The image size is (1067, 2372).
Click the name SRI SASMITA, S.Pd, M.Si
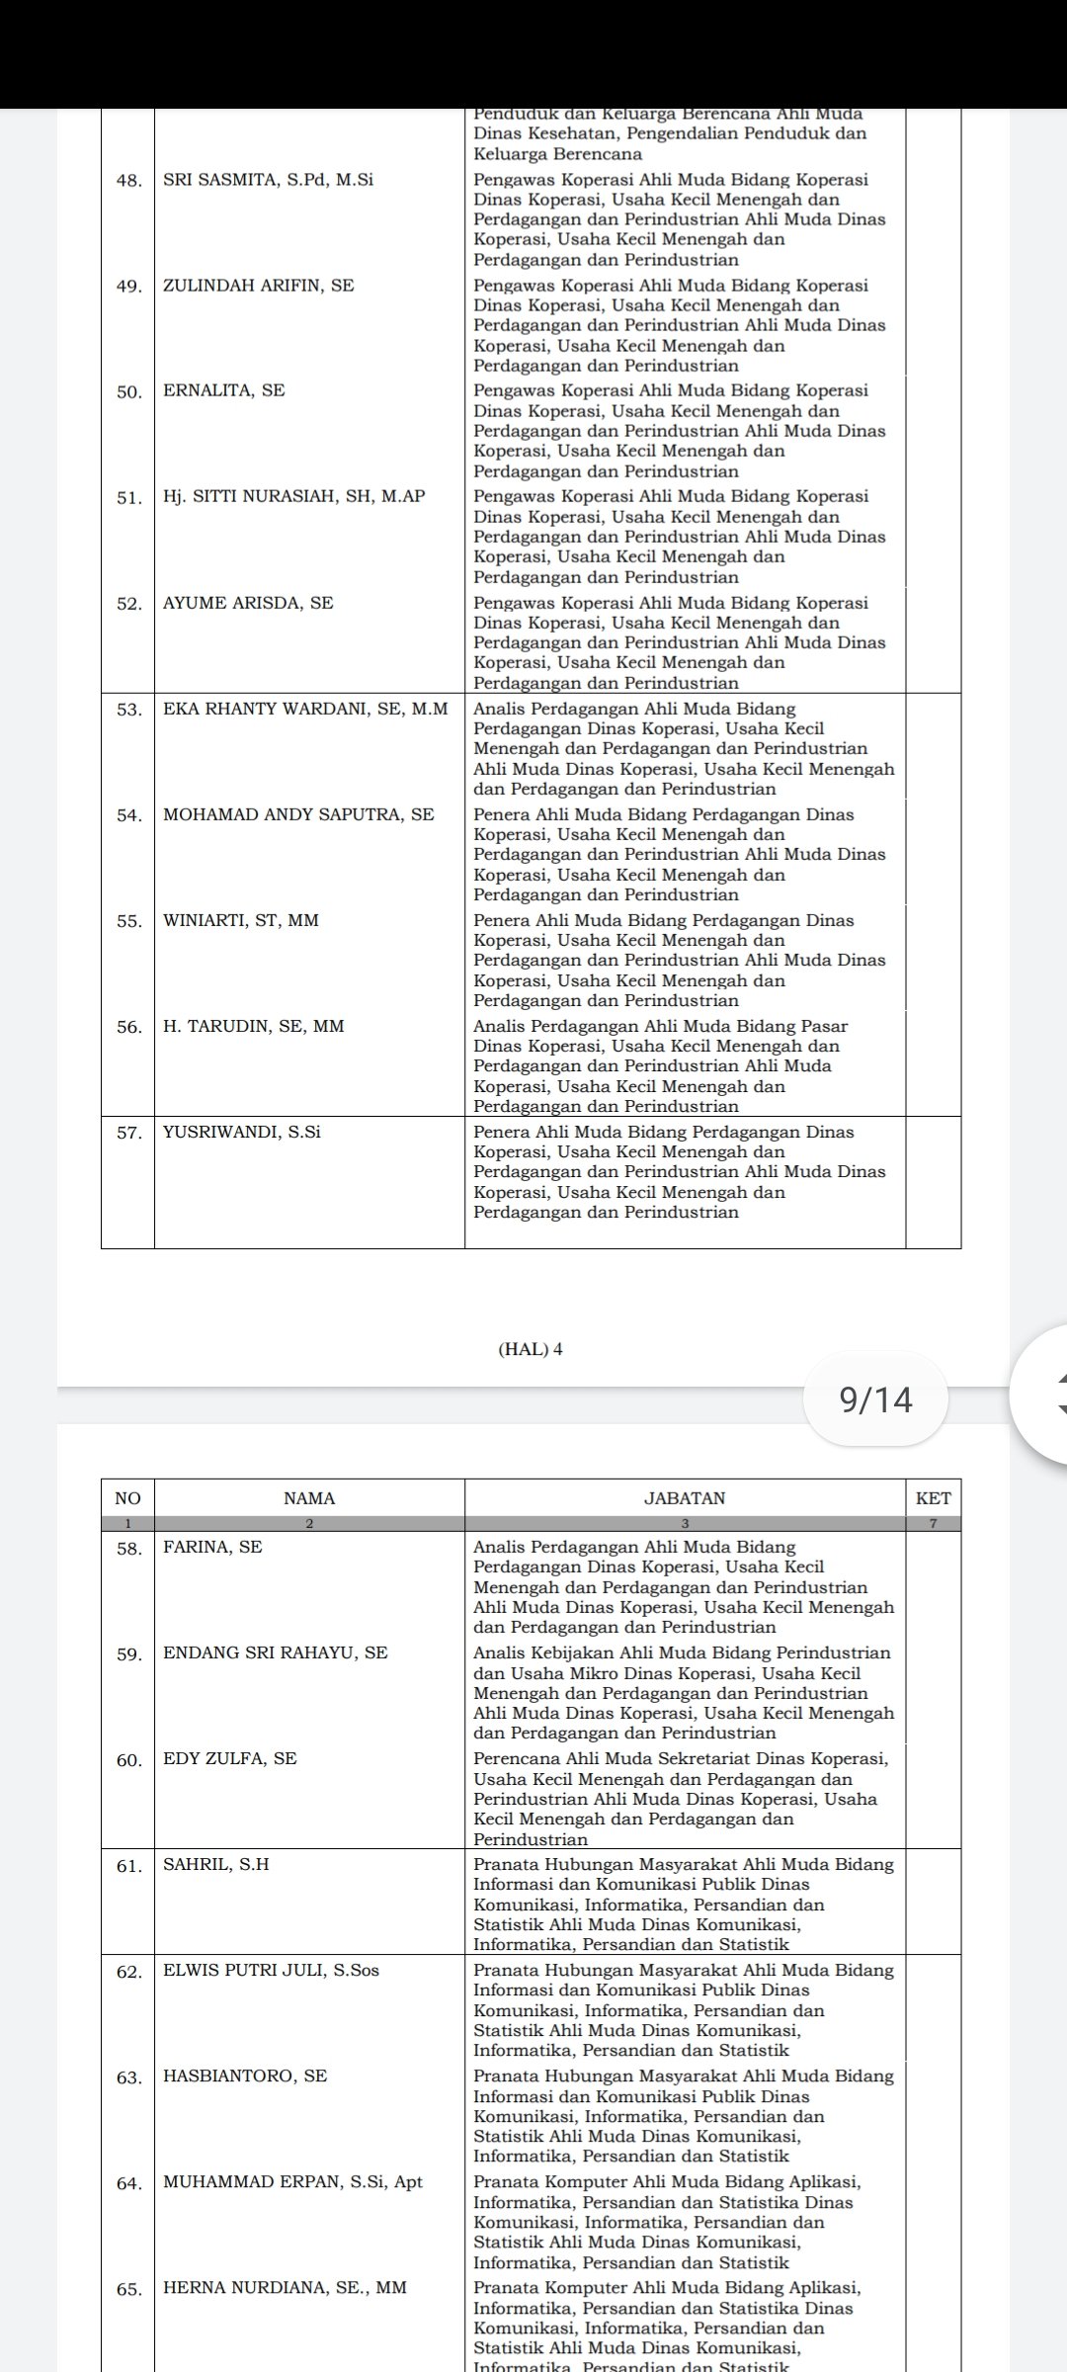point(268,180)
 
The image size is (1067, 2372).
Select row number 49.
point(129,287)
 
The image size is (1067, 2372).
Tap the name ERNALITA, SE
point(223,390)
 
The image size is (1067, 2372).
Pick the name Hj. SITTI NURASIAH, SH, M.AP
point(293,496)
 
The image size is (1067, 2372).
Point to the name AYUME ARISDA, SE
point(248,603)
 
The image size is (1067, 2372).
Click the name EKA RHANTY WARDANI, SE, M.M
point(305,709)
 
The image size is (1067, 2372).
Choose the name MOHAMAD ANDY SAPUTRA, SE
point(298,814)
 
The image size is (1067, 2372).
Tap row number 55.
point(129,921)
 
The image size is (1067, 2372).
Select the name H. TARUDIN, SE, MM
point(254,1026)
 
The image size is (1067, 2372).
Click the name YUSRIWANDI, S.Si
point(242,1132)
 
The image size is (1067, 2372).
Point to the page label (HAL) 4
point(531,1349)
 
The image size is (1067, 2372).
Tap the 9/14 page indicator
point(875,1399)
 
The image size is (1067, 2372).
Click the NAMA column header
point(309,1498)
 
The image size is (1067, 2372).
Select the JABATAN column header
point(685,1498)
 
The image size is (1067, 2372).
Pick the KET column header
point(933,1498)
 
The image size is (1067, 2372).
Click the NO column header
point(128,1498)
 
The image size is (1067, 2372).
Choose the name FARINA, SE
point(212,1547)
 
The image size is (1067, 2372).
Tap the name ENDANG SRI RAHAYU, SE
point(276,1652)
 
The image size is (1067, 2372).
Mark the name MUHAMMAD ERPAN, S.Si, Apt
point(292,2181)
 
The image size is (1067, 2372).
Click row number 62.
point(129,1972)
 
